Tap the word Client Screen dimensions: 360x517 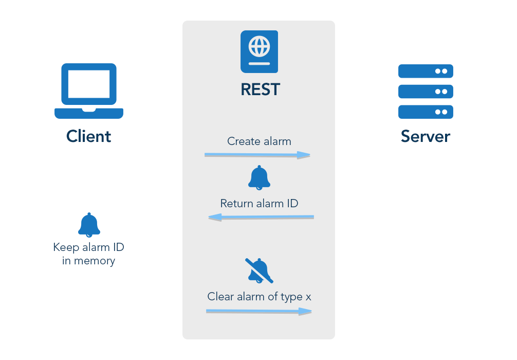click(89, 136)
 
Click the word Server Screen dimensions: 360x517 click(425, 136)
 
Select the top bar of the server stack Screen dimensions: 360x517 click(426, 71)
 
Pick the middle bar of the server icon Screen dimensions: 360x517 click(426, 92)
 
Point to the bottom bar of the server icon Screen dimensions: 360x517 click(426, 112)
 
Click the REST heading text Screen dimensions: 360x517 click(260, 89)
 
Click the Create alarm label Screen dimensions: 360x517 click(259, 141)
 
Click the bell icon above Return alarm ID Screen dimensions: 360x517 click(259, 177)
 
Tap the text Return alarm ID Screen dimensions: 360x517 click(259, 203)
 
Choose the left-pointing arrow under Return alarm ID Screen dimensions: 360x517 click(261, 218)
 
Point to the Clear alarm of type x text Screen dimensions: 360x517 click(259, 297)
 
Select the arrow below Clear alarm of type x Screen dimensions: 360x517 click(259, 311)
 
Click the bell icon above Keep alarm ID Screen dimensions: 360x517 click(89, 225)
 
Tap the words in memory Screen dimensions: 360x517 click(89, 261)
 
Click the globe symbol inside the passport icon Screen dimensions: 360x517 click(259, 47)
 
